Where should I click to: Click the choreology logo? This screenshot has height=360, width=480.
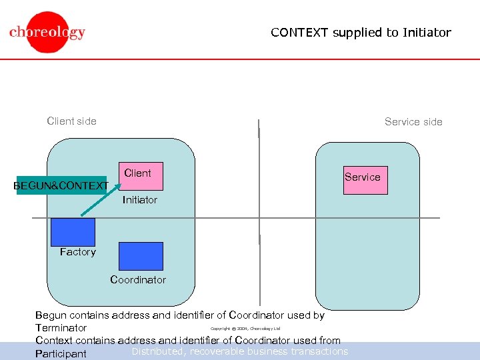pyautogui.click(x=47, y=32)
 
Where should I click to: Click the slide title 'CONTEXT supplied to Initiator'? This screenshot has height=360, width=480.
pyautogui.click(x=361, y=32)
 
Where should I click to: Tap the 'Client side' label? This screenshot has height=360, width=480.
pyautogui.click(x=71, y=121)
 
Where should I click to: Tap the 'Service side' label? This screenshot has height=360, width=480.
pyautogui.click(x=413, y=121)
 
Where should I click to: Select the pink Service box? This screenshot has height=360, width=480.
pyautogui.click(x=365, y=180)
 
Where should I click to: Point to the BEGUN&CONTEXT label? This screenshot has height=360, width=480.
pyautogui.click(x=61, y=185)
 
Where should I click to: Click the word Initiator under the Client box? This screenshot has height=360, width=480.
pyautogui.click(x=140, y=200)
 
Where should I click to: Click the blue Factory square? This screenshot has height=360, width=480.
pyautogui.click(x=73, y=232)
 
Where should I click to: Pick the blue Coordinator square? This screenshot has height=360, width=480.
pyautogui.click(x=140, y=256)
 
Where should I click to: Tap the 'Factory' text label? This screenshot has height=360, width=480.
pyautogui.click(x=77, y=252)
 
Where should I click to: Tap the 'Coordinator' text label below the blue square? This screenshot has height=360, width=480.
pyautogui.click(x=138, y=280)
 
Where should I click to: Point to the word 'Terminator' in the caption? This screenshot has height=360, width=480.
pyautogui.click(x=61, y=328)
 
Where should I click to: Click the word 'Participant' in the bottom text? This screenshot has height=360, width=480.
pyautogui.click(x=61, y=353)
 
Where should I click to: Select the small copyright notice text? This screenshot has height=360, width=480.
pyautogui.click(x=245, y=328)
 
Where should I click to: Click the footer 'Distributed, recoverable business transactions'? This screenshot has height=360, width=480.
pyautogui.click(x=240, y=351)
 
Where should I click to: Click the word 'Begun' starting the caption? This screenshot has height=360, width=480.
pyautogui.click(x=51, y=315)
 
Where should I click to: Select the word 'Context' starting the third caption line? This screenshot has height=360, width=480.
pyautogui.click(x=54, y=340)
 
